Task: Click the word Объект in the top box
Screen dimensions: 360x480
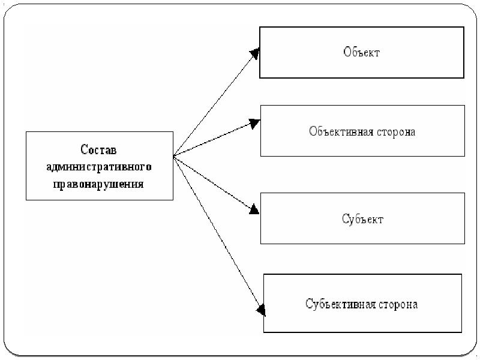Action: click(x=362, y=52)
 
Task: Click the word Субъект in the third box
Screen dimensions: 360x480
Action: click(x=362, y=218)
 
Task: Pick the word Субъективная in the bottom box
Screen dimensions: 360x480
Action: click(x=339, y=304)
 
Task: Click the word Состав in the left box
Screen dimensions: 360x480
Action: click(x=99, y=149)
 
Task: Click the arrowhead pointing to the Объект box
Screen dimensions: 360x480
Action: click(x=254, y=53)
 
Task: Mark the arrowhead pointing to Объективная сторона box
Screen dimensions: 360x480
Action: click(x=254, y=124)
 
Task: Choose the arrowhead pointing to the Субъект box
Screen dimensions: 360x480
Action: click(x=254, y=210)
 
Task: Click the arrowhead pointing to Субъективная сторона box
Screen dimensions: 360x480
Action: click(x=260, y=310)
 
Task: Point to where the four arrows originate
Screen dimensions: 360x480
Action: click(x=173, y=157)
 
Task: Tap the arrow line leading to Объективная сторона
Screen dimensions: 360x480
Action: click(x=212, y=140)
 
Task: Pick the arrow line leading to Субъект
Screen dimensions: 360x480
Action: click(x=212, y=182)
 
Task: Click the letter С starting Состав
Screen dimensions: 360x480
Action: click(x=85, y=149)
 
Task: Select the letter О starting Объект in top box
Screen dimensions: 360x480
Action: click(x=347, y=52)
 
